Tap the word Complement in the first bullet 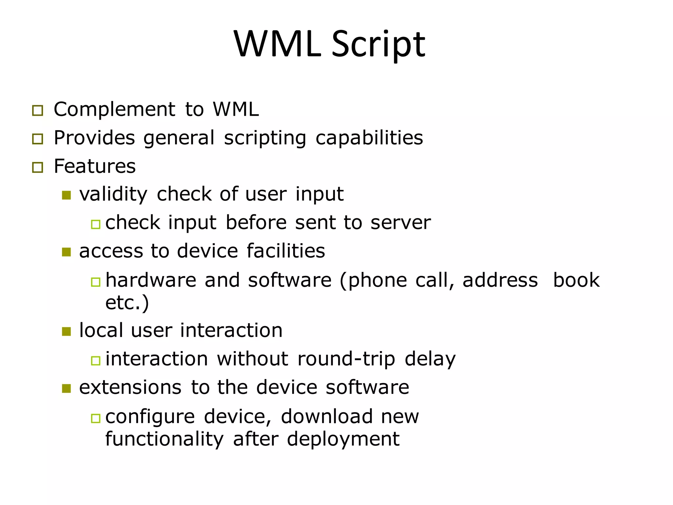coord(114,109)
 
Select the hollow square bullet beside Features coord(38,167)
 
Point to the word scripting coord(265,138)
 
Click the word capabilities coord(369,138)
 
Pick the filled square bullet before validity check coord(66,195)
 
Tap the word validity coord(113,194)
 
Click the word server coord(400,223)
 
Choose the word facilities coord(286,251)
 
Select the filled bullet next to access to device coord(66,252)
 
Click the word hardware coord(151,280)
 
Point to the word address coord(500,280)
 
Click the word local coord(101,330)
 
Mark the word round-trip coord(346,359)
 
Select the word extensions coord(130,387)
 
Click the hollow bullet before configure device coord(96,418)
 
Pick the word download coord(327,417)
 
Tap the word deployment coord(343,439)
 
